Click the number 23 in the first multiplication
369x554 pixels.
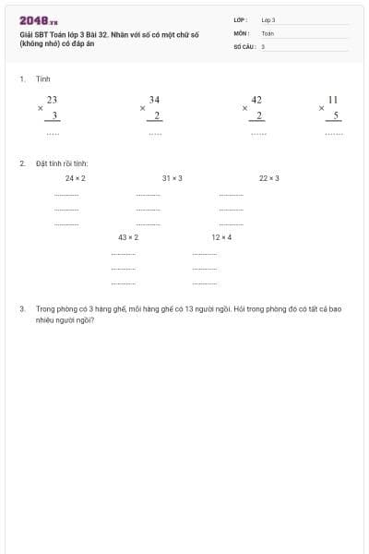coord(53,99)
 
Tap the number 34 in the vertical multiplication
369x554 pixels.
coord(154,99)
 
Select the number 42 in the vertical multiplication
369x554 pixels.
coord(256,99)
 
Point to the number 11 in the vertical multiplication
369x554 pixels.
coord(333,99)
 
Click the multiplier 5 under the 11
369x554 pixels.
coord(336,115)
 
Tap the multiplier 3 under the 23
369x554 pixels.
coord(54,115)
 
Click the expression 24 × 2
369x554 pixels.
coord(76,178)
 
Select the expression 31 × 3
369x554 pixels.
coord(172,178)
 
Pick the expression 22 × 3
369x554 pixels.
coord(269,178)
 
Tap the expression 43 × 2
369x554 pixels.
coord(128,237)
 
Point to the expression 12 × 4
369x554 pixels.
coord(221,237)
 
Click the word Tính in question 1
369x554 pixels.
coord(42,79)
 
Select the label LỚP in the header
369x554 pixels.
coord(240,19)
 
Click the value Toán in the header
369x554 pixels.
coord(268,32)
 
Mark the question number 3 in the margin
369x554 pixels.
coord(21,309)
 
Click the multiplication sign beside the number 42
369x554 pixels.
coord(244,108)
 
